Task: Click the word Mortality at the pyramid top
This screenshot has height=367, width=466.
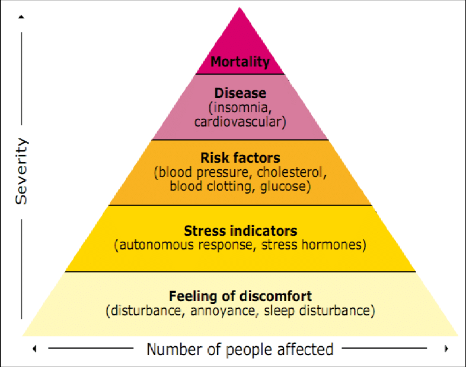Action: coord(240,62)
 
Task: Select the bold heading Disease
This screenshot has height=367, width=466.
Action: coord(241,93)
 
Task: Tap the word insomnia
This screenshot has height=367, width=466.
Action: coord(241,107)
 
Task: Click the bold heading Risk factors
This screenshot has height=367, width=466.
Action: coord(240,158)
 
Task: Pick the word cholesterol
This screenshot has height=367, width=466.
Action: coord(289,172)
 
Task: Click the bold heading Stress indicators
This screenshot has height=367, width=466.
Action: coord(241,231)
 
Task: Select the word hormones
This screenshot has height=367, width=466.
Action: coord(331,245)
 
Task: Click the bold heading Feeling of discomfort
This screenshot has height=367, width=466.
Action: coord(241,296)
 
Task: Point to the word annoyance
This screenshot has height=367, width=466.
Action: coord(222,311)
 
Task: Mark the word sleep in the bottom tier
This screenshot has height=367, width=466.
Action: coord(279,311)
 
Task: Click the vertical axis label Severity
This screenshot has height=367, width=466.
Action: coord(21,171)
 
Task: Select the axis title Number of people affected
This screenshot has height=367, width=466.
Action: coord(240,349)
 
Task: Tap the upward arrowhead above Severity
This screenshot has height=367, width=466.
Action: coord(21,17)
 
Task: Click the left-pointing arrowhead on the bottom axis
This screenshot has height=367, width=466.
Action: coord(35,349)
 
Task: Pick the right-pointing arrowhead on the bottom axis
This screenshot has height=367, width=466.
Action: coord(446,349)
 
